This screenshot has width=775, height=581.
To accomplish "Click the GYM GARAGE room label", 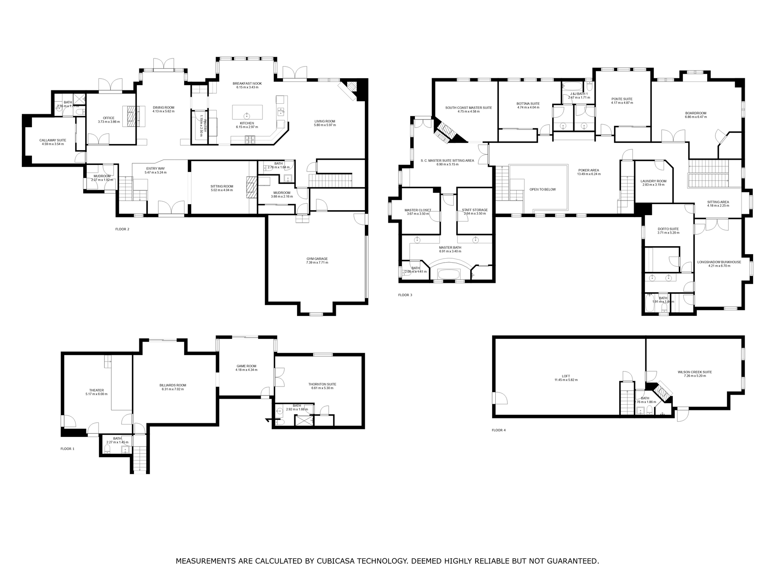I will pyautogui.click(x=317, y=259).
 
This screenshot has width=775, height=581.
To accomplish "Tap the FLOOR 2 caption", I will pyautogui.click(x=122, y=229).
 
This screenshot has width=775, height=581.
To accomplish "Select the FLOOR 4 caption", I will pyautogui.click(x=499, y=430).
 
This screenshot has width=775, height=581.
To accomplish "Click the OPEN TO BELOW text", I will pyautogui.click(x=542, y=189).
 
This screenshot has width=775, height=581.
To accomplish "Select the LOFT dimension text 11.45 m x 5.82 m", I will pyautogui.click(x=566, y=380).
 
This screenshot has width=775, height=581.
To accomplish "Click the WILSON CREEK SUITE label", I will pyautogui.click(x=695, y=372).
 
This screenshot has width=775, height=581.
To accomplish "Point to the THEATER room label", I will pyautogui.click(x=96, y=390).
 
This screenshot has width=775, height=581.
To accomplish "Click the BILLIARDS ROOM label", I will pyautogui.click(x=173, y=385).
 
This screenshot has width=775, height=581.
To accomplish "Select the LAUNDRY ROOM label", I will pyautogui.click(x=654, y=181).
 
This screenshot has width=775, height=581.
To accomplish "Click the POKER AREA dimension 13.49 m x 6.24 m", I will pyautogui.click(x=589, y=174).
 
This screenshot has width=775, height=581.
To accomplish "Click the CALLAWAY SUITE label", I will pyautogui.click(x=52, y=140).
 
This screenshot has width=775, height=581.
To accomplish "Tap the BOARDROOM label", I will pyautogui.click(x=695, y=113).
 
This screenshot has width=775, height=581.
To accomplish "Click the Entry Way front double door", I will pyautogui.click(x=172, y=208).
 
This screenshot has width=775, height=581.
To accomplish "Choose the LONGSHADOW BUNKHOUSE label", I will pyautogui.click(x=719, y=262).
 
